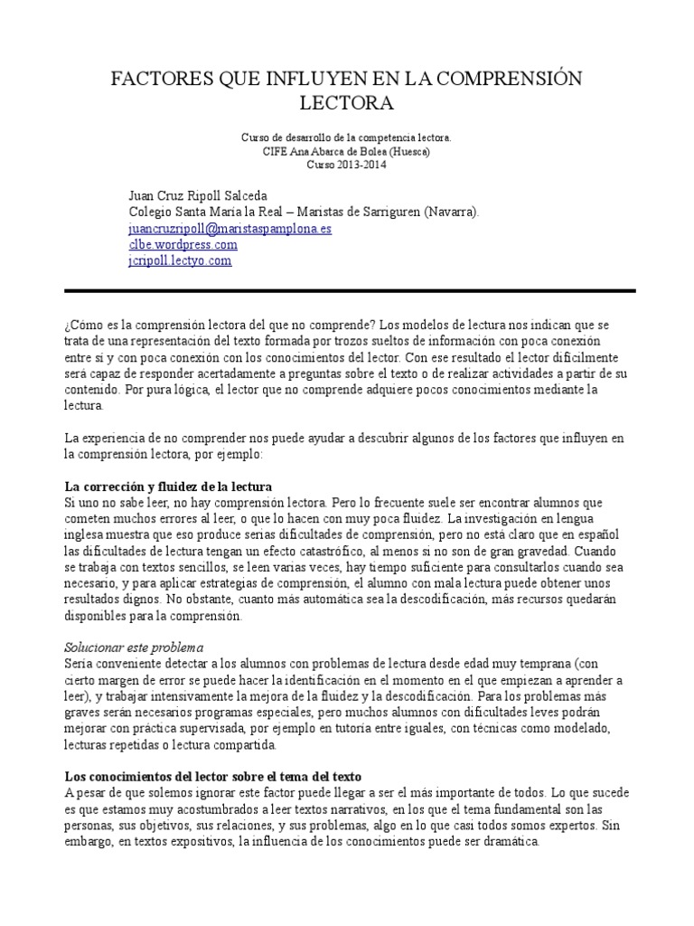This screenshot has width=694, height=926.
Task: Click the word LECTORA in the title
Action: click(346, 103)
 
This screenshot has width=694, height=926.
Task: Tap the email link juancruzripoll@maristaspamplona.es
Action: click(230, 229)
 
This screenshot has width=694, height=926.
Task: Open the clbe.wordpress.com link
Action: click(183, 244)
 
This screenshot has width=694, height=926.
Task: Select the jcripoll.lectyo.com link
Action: click(180, 260)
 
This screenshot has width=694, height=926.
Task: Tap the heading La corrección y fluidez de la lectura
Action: click(168, 487)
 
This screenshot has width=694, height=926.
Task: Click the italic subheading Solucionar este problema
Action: click(135, 647)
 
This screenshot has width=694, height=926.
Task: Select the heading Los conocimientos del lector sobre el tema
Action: click(213, 777)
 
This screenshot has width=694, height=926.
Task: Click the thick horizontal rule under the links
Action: click(350, 290)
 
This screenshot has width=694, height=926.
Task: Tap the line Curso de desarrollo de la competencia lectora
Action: click(346, 137)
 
